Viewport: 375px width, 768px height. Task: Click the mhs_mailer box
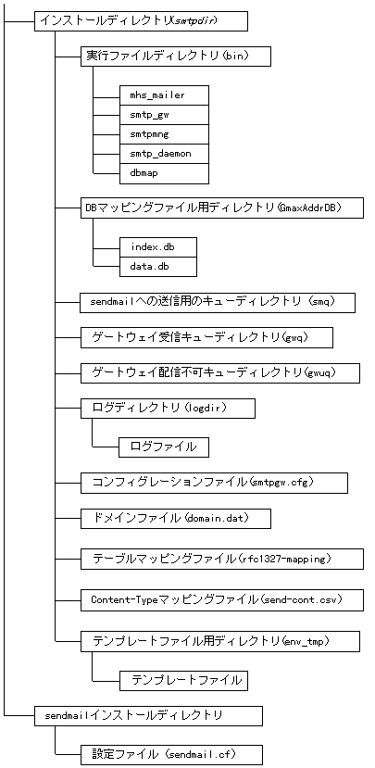pos(164,94)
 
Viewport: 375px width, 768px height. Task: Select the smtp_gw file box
pos(164,114)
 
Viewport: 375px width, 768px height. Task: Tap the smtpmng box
pos(164,133)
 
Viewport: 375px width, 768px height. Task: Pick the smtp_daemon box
pos(164,153)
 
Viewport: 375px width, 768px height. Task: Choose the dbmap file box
pos(164,172)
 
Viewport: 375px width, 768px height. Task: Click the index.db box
pos(157,246)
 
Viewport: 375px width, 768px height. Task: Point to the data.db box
pos(157,267)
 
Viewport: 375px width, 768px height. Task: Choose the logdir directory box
pos(168,408)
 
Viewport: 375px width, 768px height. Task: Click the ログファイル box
pos(163,447)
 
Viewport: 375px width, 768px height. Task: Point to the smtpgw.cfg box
pos(214,483)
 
